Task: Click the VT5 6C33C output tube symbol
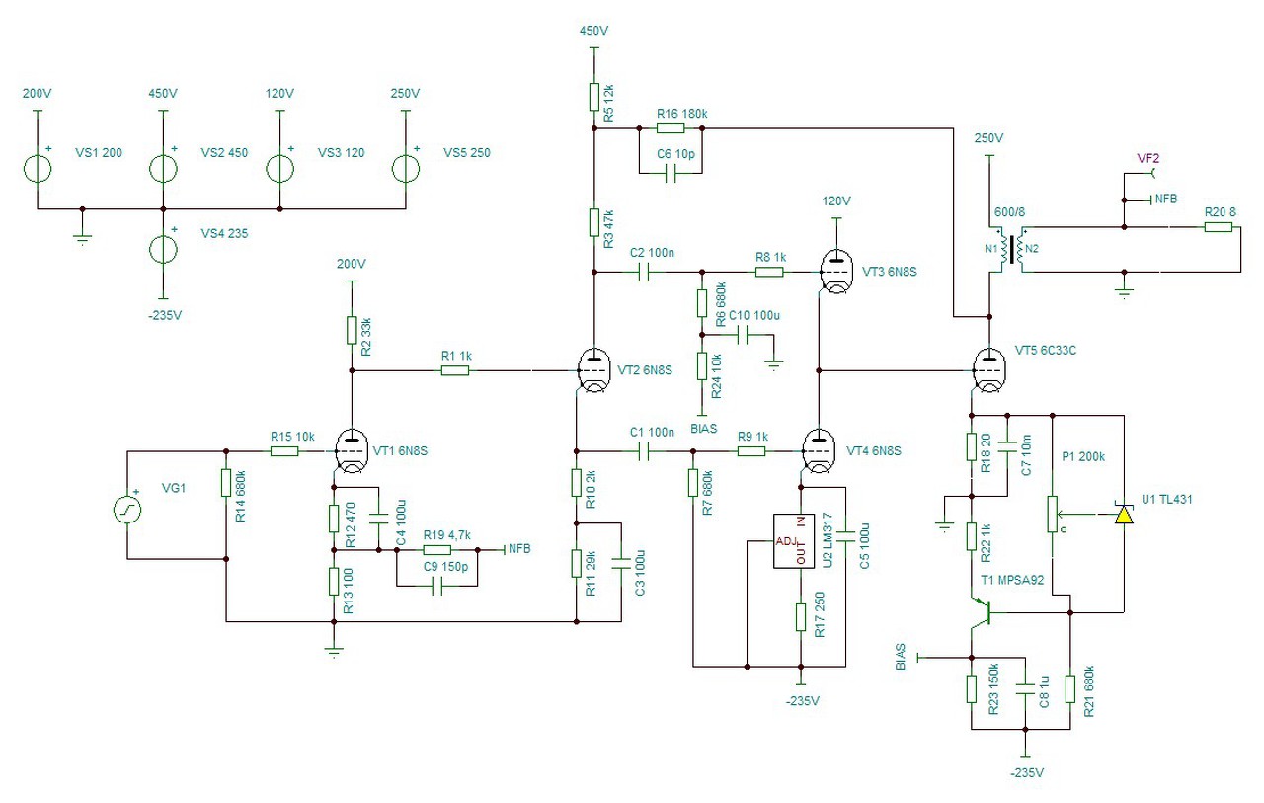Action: click(989, 370)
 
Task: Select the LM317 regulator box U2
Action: click(794, 540)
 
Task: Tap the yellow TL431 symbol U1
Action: click(1124, 514)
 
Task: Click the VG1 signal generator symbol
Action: click(127, 510)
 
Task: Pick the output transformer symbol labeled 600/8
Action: click(1013, 250)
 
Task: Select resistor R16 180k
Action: click(671, 128)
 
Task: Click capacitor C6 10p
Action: click(671, 173)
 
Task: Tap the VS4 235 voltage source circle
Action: click(163, 250)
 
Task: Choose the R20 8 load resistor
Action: click(1219, 227)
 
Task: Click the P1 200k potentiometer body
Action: click(1053, 514)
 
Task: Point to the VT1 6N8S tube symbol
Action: click(351, 450)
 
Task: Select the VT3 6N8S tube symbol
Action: click(835, 272)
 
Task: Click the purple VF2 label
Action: click(1147, 159)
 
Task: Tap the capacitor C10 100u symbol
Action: click(743, 335)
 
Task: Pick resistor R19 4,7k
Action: click(436, 549)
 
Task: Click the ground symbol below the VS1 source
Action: click(82, 239)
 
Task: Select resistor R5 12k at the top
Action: click(593, 97)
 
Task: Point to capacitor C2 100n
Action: click(644, 273)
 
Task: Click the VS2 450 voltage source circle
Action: click(163, 169)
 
